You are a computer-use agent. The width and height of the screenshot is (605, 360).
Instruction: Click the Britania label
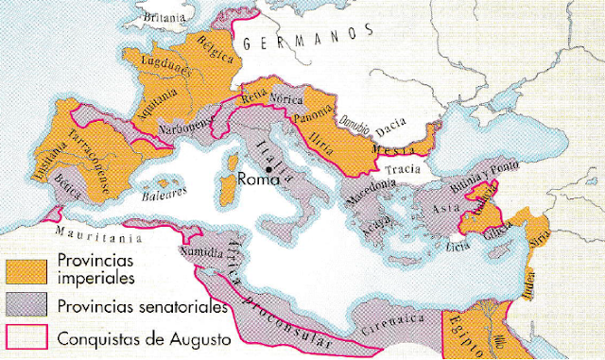coord(165,17)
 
